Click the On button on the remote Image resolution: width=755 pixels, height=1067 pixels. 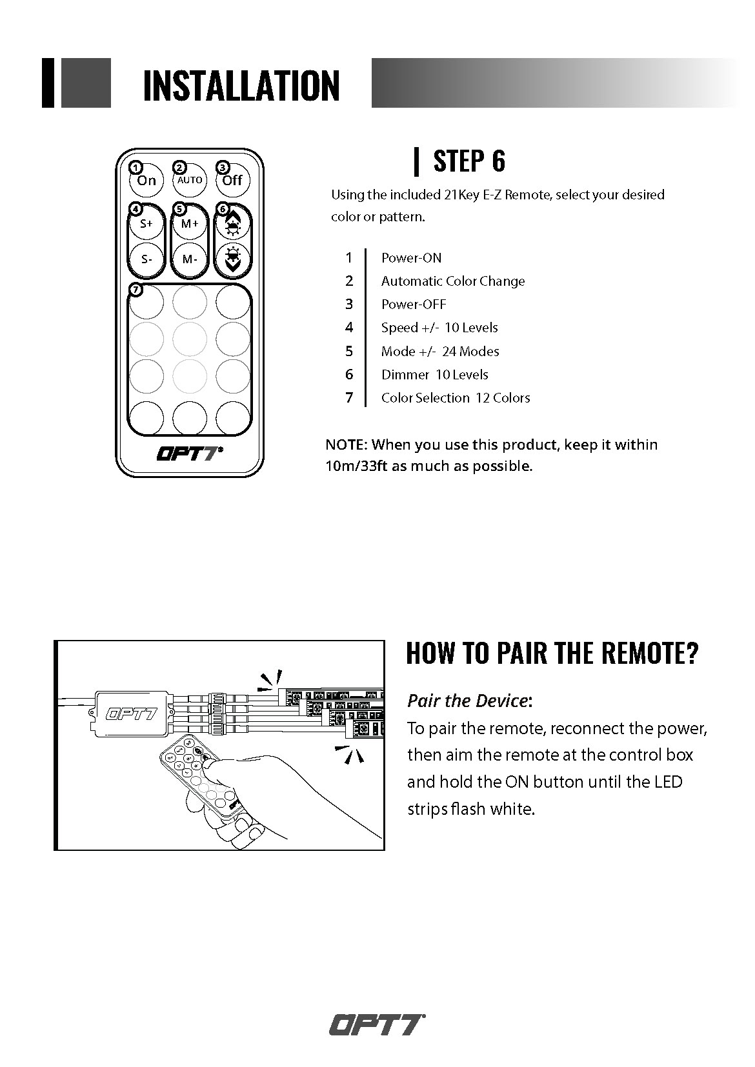point(146,181)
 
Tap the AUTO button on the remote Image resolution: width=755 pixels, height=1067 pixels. point(190,181)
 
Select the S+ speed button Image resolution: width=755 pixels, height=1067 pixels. point(146,224)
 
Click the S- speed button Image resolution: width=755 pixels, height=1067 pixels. point(146,259)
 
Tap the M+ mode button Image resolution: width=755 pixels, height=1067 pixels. point(190,224)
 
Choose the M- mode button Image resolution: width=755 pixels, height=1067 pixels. point(190,259)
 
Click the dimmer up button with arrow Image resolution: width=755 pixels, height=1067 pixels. point(232,224)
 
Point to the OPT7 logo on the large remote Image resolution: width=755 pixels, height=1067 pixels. point(189,454)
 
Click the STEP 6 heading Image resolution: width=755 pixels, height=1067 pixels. point(469,161)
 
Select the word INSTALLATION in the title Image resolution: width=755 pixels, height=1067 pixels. point(241,86)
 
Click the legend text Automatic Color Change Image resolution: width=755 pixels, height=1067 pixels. point(452,281)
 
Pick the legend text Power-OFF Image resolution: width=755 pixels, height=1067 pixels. point(413,304)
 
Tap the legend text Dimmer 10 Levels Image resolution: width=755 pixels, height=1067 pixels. point(434,375)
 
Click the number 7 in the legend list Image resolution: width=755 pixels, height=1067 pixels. point(349,398)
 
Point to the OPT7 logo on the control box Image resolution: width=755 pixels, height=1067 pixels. point(131,713)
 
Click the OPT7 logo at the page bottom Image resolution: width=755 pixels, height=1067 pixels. point(377,1024)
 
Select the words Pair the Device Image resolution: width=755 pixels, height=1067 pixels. point(467,701)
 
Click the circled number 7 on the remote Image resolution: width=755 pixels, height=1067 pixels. point(136,290)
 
